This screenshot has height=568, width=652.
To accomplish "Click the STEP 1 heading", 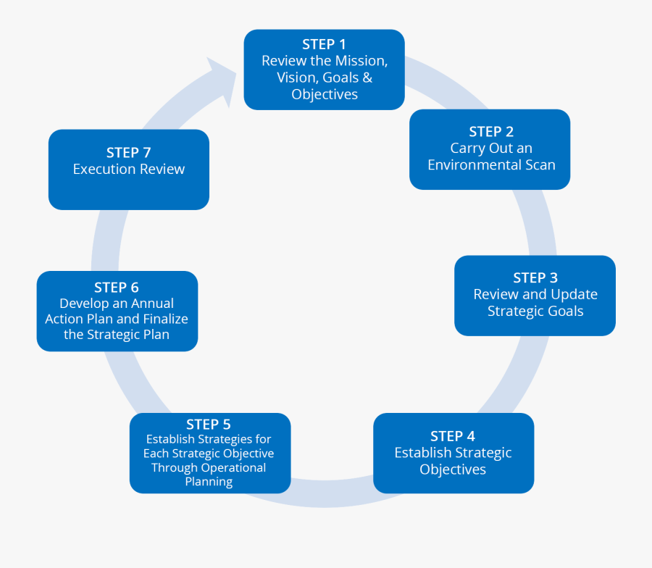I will click(x=324, y=45).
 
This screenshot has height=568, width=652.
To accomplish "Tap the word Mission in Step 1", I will click(x=361, y=61).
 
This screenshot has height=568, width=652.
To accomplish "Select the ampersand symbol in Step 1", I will click(x=367, y=78).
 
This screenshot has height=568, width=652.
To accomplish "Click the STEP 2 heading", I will click(x=490, y=132).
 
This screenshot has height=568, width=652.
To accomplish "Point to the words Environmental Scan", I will click(x=491, y=165).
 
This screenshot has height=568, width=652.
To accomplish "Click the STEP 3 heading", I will click(x=535, y=278).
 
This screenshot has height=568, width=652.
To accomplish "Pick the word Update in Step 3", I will click(x=574, y=295).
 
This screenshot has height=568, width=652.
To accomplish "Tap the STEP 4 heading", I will click(x=452, y=436).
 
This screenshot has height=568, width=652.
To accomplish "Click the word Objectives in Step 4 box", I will click(x=453, y=469).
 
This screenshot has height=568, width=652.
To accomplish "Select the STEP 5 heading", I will click(x=208, y=425).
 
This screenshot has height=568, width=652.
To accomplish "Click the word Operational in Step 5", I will click(x=233, y=468).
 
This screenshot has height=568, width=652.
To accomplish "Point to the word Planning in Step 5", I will click(x=209, y=482).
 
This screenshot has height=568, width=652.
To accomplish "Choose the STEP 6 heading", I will click(x=116, y=288).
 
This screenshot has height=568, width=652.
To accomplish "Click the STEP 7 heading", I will click(x=128, y=153).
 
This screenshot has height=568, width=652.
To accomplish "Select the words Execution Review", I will click(x=129, y=170).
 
